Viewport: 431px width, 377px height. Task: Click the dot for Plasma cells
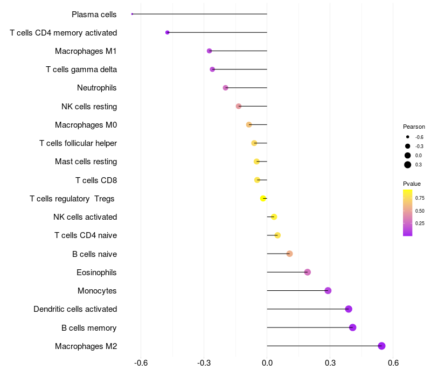point(132,14)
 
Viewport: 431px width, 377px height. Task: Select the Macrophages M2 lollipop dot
point(381,346)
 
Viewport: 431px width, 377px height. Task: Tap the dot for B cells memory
point(353,327)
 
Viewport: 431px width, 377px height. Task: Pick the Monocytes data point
point(328,291)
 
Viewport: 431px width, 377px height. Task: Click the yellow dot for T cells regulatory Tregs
point(263,198)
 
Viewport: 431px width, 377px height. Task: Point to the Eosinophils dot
point(308,273)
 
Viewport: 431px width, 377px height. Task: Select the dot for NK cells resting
point(239,106)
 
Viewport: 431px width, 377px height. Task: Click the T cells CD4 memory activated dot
point(168,32)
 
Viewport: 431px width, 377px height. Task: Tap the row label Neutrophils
point(97,88)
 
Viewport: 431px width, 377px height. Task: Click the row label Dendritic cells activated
point(75,309)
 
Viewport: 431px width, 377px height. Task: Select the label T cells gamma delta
point(81,69)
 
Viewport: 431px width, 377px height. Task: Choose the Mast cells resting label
point(86,162)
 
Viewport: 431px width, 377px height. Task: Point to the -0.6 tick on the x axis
point(141,363)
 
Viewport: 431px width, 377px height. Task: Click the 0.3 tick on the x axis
point(330,363)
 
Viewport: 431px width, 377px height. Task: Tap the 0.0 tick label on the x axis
point(267,363)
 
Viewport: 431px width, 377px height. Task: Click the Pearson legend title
point(414,127)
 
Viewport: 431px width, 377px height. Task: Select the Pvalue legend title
point(412,184)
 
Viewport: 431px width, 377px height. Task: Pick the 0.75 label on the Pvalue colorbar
point(420,198)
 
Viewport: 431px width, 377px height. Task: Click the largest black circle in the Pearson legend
point(408,165)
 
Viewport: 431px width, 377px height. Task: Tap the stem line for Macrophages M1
point(238,51)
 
